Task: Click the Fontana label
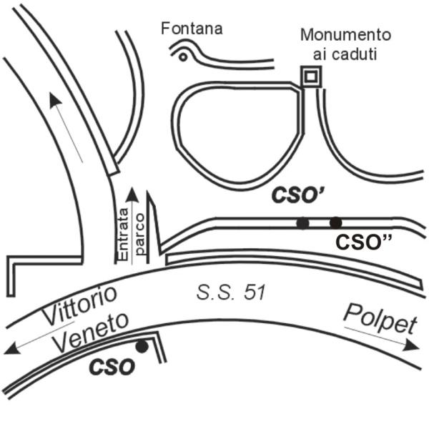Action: click(x=192, y=29)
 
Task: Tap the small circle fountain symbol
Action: click(x=183, y=57)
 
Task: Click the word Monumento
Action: click(x=345, y=35)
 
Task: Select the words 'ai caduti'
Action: click(x=345, y=54)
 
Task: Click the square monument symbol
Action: click(x=311, y=77)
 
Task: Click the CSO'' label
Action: click(x=363, y=242)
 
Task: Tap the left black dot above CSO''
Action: click(x=302, y=223)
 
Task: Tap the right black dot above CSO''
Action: click(x=336, y=222)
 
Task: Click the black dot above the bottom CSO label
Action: click(x=142, y=347)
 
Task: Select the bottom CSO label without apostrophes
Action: click(x=112, y=367)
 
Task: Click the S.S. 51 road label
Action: click(x=231, y=292)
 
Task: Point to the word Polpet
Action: click(x=380, y=319)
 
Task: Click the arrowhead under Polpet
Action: click(x=412, y=345)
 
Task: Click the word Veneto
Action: click(x=91, y=332)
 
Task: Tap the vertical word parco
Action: click(x=139, y=235)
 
